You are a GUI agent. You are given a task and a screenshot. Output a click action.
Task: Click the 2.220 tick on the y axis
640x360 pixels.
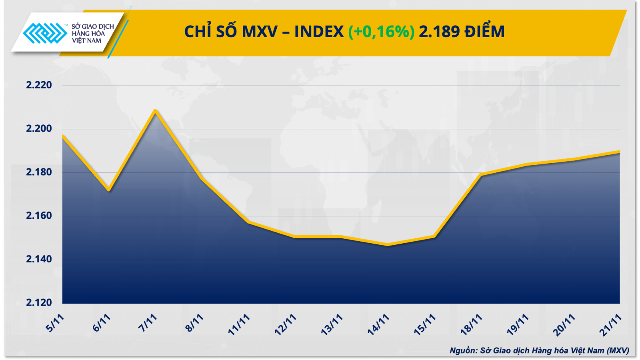pos(39,85)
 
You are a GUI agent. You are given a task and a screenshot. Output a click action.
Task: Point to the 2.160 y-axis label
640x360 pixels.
pos(39,216)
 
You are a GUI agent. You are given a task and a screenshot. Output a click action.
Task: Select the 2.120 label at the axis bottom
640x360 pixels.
pos(39,302)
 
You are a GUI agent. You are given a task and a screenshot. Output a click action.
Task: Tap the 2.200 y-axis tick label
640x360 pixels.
pos(39,128)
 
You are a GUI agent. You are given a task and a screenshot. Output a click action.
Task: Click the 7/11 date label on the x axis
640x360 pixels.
pos(148,323)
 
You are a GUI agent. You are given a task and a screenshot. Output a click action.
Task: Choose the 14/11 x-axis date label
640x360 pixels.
pos(378,324)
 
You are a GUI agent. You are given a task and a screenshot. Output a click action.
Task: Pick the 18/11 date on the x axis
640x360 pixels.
pos(471,324)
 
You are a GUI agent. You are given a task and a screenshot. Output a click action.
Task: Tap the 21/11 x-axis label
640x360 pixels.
pos(610,324)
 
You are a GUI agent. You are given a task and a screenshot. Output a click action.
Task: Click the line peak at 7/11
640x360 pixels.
pos(155,110)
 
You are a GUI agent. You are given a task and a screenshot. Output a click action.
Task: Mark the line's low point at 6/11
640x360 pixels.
pos(108,190)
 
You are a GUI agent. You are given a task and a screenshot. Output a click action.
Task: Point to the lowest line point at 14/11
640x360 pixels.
pos(387,245)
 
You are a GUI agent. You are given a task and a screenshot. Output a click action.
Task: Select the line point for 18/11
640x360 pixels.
pos(481,175)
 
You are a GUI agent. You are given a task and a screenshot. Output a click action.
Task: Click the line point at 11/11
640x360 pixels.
pos(248,222)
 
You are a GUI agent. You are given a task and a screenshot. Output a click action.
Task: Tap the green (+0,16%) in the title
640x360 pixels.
pos(381,32)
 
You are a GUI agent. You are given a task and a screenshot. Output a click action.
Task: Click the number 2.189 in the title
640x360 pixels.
pos(439,32)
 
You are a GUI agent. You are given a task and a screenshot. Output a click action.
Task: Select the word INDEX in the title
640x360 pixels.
pos(319,32)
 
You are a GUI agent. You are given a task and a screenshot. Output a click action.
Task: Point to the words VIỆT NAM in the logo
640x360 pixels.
pos(86,41)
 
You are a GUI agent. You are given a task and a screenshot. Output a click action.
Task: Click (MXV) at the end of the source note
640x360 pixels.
pos(618,351)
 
